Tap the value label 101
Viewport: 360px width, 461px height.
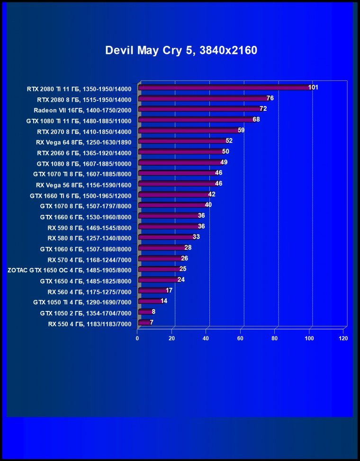pyautogui.click(x=313, y=88)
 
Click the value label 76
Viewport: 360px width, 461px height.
pyautogui.click(x=270, y=98)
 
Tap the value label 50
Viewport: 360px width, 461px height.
pyautogui.click(x=225, y=151)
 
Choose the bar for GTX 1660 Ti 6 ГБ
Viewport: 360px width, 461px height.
pyautogui.click(x=173, y=195)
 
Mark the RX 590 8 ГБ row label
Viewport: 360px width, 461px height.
pyautogui.click(x=89, y=227)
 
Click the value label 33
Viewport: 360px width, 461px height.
pyautogui.click(x=196, y=237)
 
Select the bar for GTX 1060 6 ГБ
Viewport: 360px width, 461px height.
pyautogui.click(x=162, y=248)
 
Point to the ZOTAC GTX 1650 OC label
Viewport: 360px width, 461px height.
pyautogui.click(x=70, y=270)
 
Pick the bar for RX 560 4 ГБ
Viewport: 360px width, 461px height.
pyautogui.click(x=152, y=291)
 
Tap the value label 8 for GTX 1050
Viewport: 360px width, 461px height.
pyautogui.click(x=153, y=312)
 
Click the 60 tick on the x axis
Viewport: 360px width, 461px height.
pyautogui.click(x=241, y=338)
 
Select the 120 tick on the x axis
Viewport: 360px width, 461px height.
pyautogui.click(x=343, y=338)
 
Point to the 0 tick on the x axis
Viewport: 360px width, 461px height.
pyautogui.click(x=137, y=338)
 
